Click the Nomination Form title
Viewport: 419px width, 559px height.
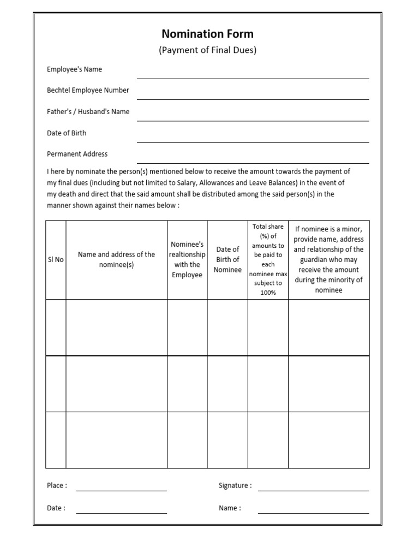207,34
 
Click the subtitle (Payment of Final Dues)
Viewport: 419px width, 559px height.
207,50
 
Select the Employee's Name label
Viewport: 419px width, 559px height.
74,69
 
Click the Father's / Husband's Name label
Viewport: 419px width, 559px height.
88,111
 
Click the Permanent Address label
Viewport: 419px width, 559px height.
77,154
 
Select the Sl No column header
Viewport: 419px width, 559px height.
56,260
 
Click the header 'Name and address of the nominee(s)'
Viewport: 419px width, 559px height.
116,260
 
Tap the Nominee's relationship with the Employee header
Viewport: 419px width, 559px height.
187,260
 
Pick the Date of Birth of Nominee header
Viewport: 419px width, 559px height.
228,260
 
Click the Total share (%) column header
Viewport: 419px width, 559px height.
268,260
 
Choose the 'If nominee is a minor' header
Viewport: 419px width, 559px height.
328,260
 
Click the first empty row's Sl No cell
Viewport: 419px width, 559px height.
56,328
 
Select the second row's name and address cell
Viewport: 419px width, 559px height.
116,384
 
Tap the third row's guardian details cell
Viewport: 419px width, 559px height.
328,440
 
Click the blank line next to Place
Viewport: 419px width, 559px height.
121,489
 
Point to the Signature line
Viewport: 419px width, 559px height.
313,489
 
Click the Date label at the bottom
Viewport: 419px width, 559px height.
56,508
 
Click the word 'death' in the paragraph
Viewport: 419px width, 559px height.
67,194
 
